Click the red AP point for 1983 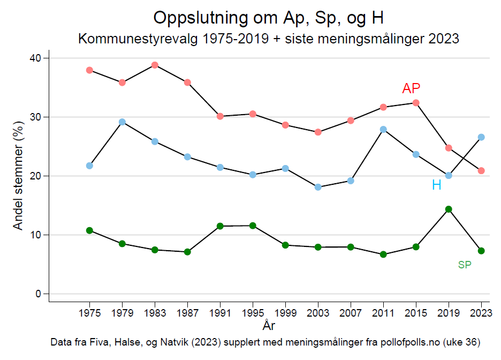coord(155,65)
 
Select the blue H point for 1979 coord(122,122)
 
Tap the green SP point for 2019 coord(449,209)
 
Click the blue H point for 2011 coord(383,129)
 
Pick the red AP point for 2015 coord(416,102)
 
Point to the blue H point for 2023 coord(481,137)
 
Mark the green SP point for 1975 coord(89,230)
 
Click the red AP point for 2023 coord(481,170)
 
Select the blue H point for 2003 coord(318,187)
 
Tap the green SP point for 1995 coord(253,226)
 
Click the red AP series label coord(411,89)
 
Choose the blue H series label coord(437,185)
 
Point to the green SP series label coord(465,265)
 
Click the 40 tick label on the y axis coord(35,58)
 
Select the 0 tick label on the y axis coord(38,294)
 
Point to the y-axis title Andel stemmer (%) coord(18,176)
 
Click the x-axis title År coord(269,325)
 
